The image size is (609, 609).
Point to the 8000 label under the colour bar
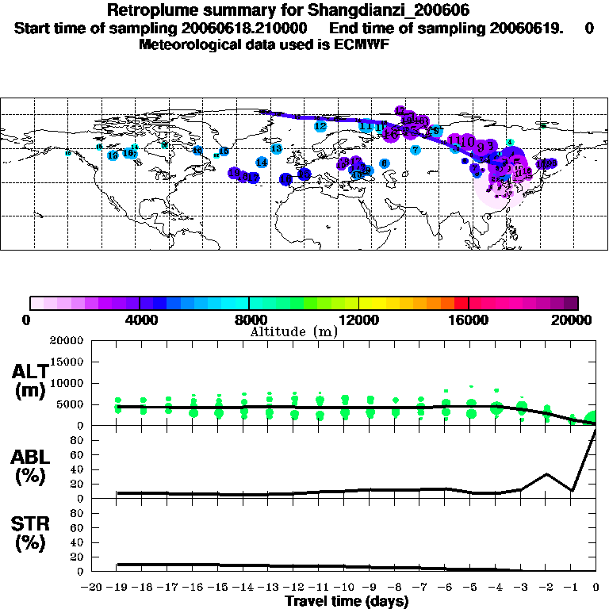tap(250, 320)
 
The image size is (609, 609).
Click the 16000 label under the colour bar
tap(469, 320)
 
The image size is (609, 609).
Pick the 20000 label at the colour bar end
tap(576, 320)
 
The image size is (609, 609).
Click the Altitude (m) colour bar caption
tap(294, 331)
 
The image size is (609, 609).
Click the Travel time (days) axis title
tap(347, 601)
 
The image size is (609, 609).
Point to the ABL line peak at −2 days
tap(547, 474)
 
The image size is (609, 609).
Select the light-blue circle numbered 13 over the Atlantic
tap(276, 149)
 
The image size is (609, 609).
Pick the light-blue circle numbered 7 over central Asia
tap(415, 150)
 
